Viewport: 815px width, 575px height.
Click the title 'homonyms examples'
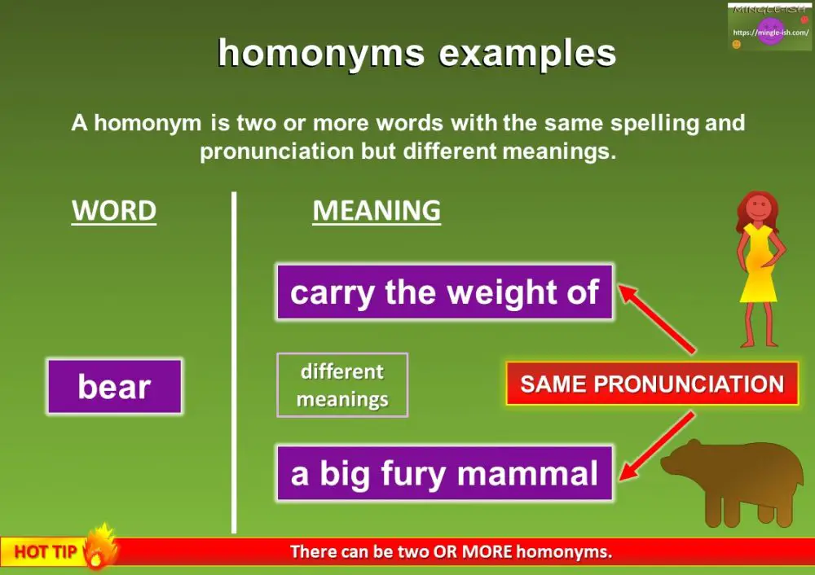coord(416,54)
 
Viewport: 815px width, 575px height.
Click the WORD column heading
coord(114,211)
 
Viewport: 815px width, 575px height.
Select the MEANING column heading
coord(377,211)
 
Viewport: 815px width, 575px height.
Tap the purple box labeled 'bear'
coord(114,387)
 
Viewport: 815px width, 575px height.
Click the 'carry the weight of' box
coord(444,292)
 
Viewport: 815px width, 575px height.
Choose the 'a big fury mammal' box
coord(444,473)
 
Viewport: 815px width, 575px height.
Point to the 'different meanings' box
coord(342,385)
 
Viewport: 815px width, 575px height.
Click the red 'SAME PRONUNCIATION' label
coord(652,384)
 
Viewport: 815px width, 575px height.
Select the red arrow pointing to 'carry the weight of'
coord(656,318)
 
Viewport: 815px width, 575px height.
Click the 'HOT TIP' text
coord(46,552)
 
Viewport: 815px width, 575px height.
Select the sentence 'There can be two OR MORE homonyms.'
coord(451,552)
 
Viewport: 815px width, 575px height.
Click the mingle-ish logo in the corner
coord(769,28)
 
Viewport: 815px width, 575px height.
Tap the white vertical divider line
coord(234,367)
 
